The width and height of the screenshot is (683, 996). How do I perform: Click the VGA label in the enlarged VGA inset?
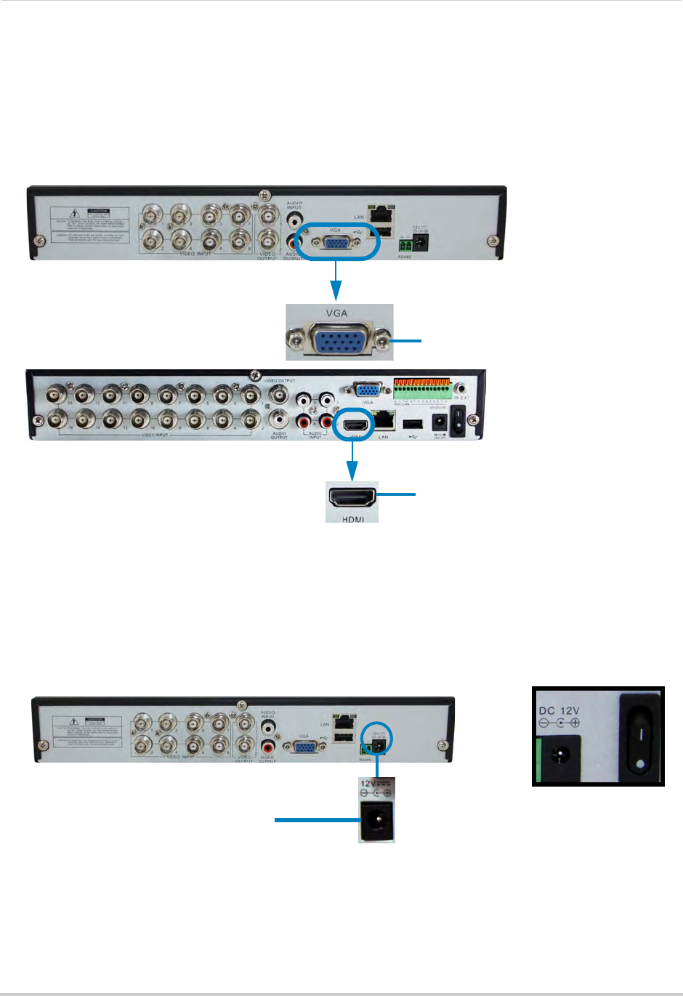[337, 313]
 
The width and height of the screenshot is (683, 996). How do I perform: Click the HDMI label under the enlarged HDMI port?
[352, 518]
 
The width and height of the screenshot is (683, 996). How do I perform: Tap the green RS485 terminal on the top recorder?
[405, 246]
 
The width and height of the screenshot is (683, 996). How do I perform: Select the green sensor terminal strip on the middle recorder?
[422, 389]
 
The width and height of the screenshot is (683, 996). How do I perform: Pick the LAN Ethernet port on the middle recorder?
[384, 421]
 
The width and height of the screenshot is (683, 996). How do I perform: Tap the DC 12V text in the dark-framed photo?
[559, 710]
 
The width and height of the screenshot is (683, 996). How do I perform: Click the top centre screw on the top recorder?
[262, 195]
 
